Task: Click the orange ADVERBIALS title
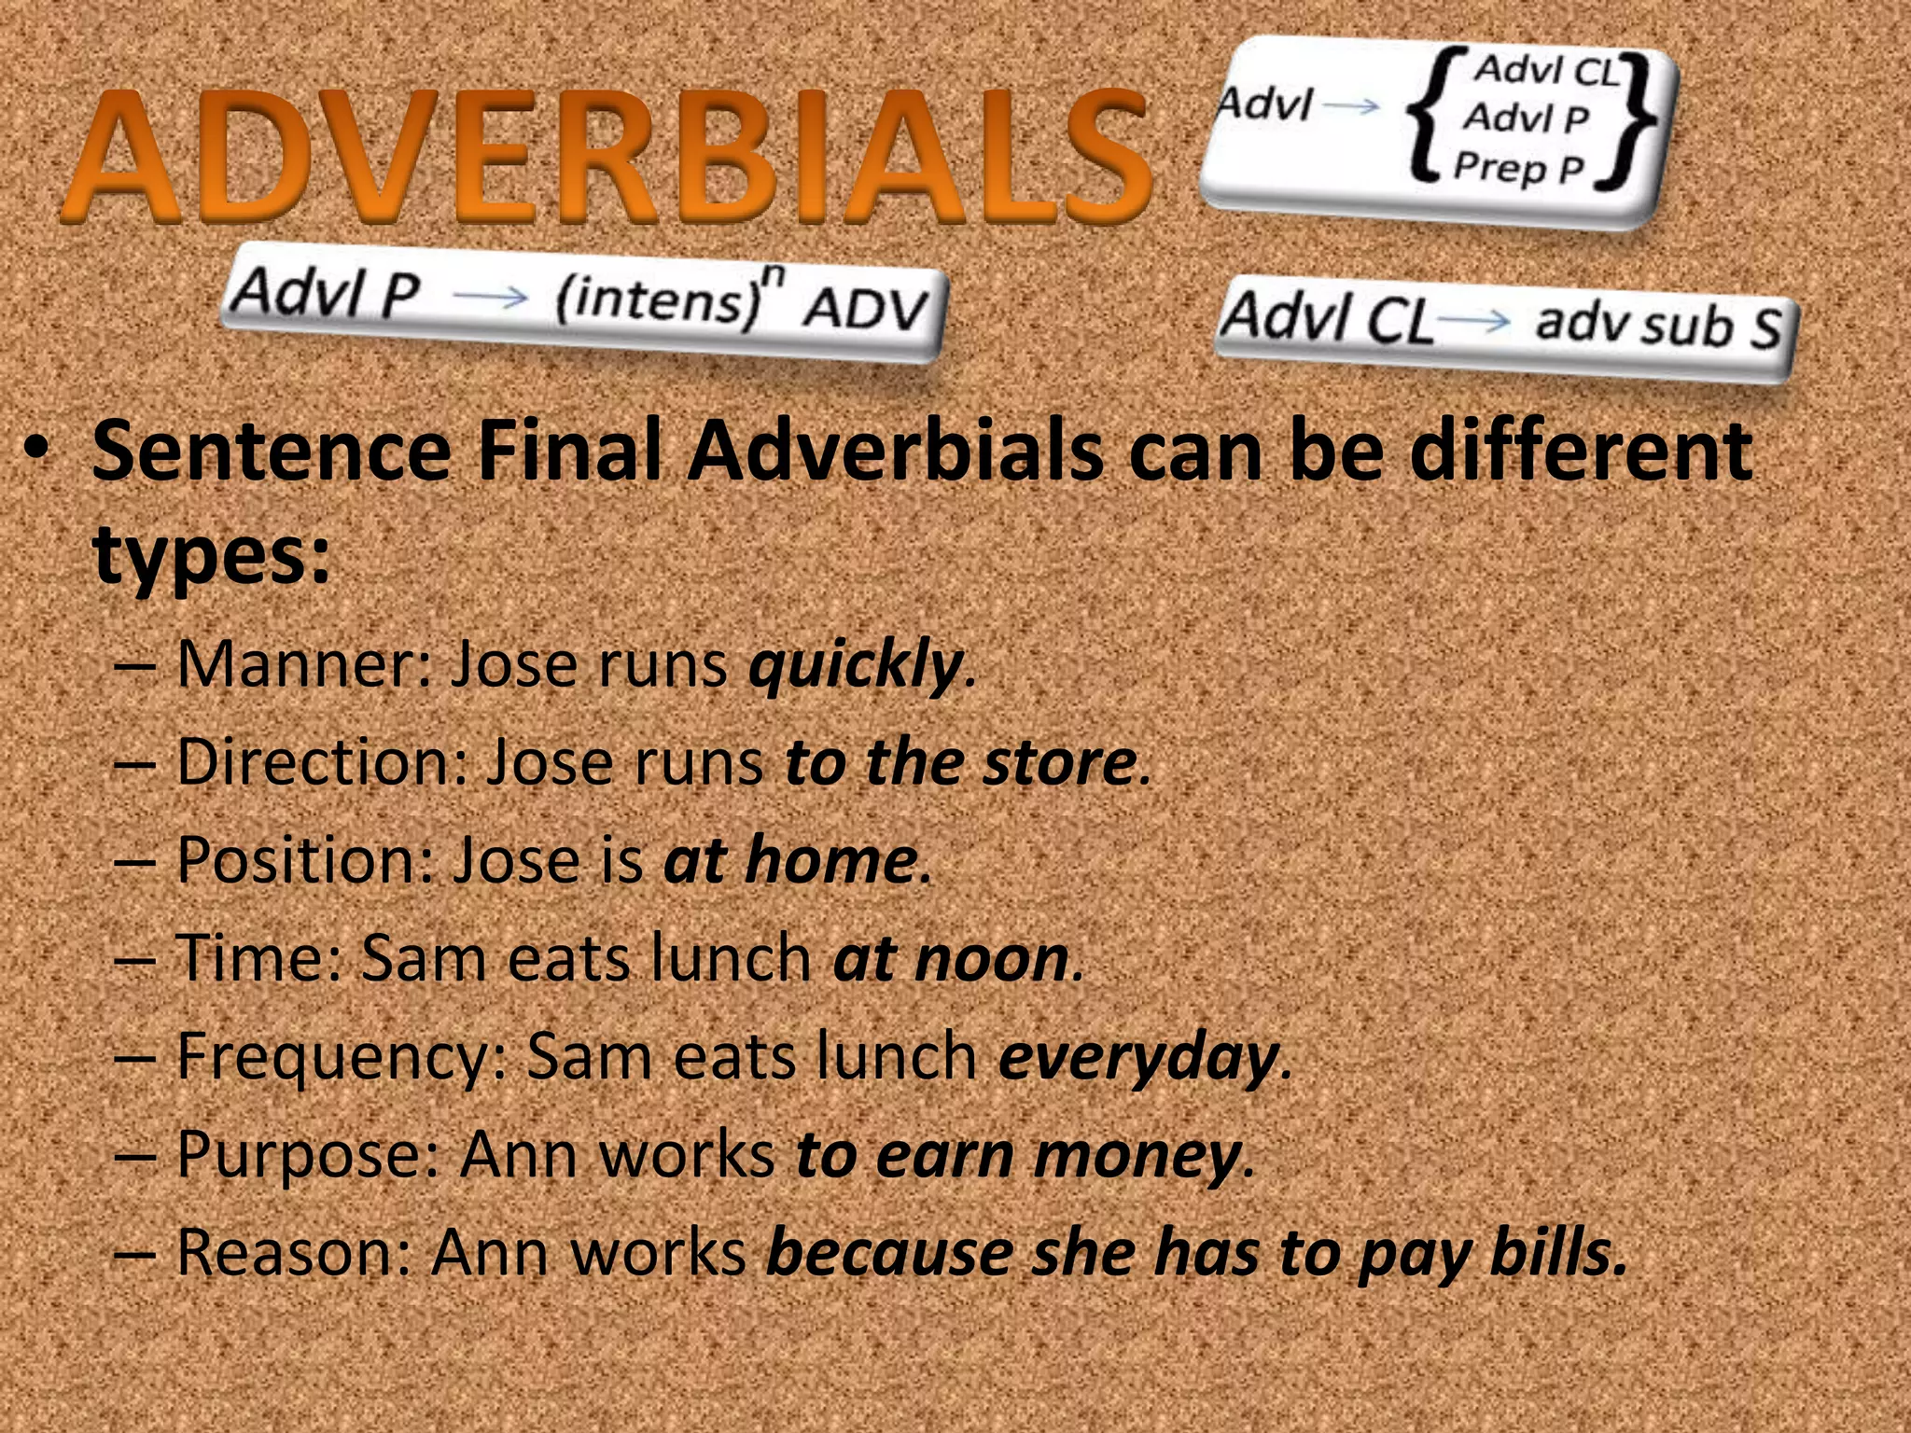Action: click(607, 157)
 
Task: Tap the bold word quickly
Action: click(855, 666)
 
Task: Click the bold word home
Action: click(830, 860)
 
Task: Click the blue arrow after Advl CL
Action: click(1474, 322)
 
